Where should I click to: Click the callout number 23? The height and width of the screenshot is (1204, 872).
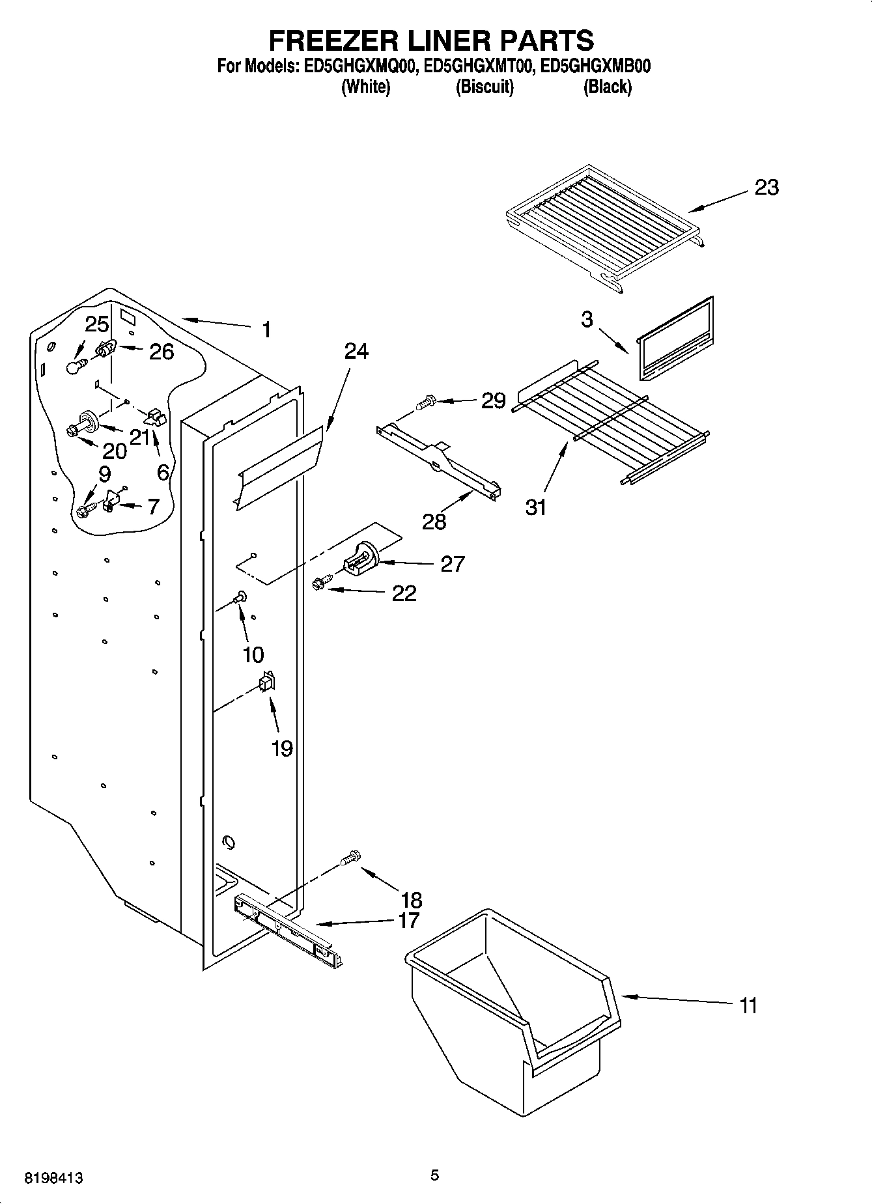click(767, 188)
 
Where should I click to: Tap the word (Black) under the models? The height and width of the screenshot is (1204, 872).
click(607, 87)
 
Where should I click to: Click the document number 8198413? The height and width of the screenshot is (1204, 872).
click(53, 1178)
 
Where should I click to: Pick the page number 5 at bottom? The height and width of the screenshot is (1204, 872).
click(434, 1175)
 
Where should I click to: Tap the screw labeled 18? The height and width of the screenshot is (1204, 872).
click(350, 858)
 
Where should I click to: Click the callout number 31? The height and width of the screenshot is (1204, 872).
click(536, 507)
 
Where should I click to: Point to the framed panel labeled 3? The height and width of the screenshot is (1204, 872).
click(675, 341)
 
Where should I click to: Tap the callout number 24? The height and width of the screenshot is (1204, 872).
click(356, 352)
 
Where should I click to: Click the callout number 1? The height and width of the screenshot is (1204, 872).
click(266, 330)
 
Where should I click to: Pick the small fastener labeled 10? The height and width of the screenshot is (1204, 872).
click(241, 595)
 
